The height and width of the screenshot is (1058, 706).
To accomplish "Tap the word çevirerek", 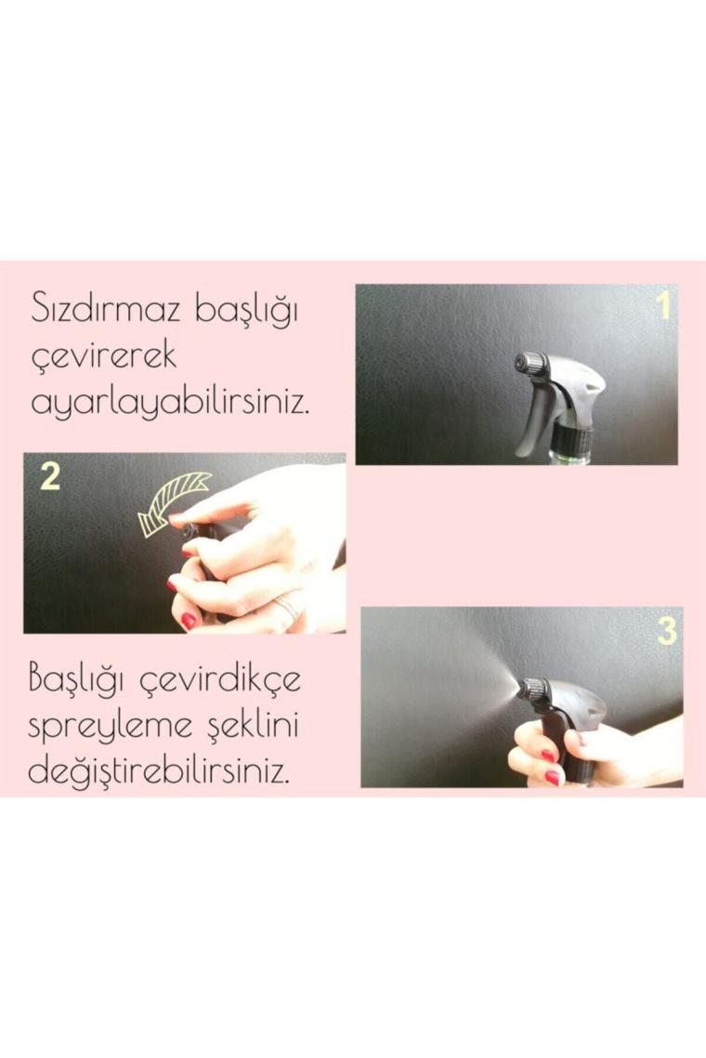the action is (x=104, y=355).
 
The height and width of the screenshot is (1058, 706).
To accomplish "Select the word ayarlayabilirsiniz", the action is (x=171, y=402).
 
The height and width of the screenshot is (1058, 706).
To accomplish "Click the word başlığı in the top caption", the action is (x=246, y=312).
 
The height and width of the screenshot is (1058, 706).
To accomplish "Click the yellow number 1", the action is (x=664, y=305).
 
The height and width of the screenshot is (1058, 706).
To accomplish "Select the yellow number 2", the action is (x=51, y=476).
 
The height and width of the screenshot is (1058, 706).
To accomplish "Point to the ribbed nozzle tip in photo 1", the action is (x=527, y=364).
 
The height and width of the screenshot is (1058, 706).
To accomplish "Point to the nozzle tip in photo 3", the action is (x=531, y=690).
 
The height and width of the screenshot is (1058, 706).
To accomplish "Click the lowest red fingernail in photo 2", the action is (x=190, y=620).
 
